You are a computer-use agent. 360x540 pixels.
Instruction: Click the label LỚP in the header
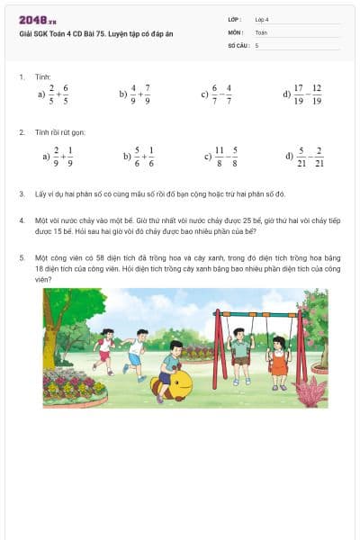235,18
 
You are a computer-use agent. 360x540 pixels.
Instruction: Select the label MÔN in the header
235,31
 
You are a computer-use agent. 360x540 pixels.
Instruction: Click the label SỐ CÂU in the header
238,44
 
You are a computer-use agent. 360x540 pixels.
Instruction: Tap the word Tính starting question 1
43,77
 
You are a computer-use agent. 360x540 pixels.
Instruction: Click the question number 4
22,220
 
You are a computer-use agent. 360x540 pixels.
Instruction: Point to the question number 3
22,193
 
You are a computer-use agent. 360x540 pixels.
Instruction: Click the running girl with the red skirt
104,351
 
